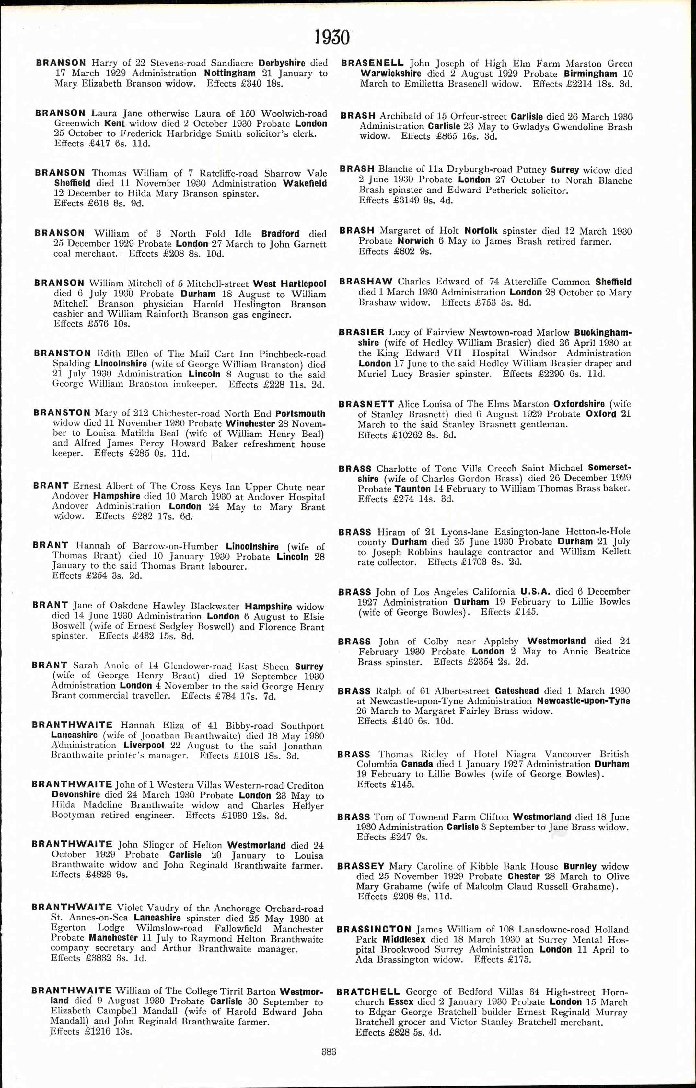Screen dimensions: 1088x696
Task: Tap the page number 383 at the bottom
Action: [329, 1051]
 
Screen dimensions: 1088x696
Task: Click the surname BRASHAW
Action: [365, 282]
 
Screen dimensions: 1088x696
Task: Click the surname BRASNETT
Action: [366, 404]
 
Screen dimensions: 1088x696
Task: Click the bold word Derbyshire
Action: [282, 63]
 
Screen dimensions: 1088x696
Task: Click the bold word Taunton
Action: [412, 489]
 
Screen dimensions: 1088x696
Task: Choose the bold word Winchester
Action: [250, 424]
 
